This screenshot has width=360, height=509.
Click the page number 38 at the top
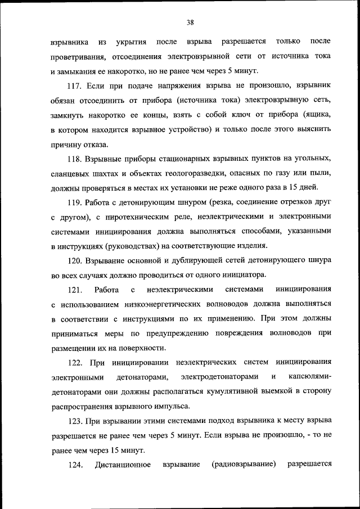point(190,22)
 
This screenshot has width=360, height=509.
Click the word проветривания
point(77,56)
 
